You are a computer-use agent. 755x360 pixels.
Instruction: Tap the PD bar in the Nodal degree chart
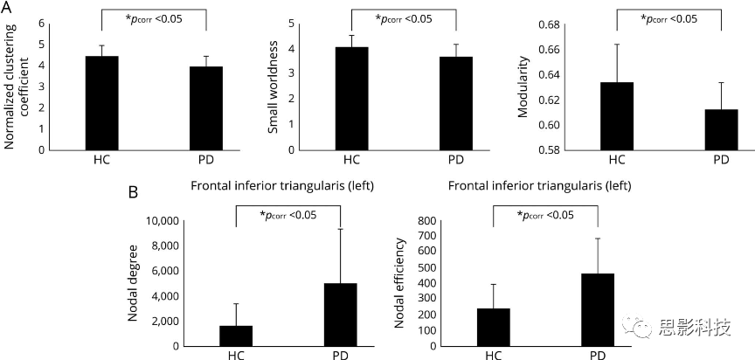pos(341,314)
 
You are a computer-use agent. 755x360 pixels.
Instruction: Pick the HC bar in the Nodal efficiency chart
pos(494,327)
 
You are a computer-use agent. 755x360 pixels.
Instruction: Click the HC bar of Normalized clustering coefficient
pos(101,102)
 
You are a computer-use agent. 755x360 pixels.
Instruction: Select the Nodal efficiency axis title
pos(399,286)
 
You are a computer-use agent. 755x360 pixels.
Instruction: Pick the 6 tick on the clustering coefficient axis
pos(41,24)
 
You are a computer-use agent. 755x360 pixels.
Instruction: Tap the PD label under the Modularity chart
pos(721,160)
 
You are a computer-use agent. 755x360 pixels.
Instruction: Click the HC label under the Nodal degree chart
pos(235,357)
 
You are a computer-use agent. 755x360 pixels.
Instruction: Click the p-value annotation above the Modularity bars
pos(669,17)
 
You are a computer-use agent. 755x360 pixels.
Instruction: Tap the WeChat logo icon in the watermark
pos(642,328)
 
